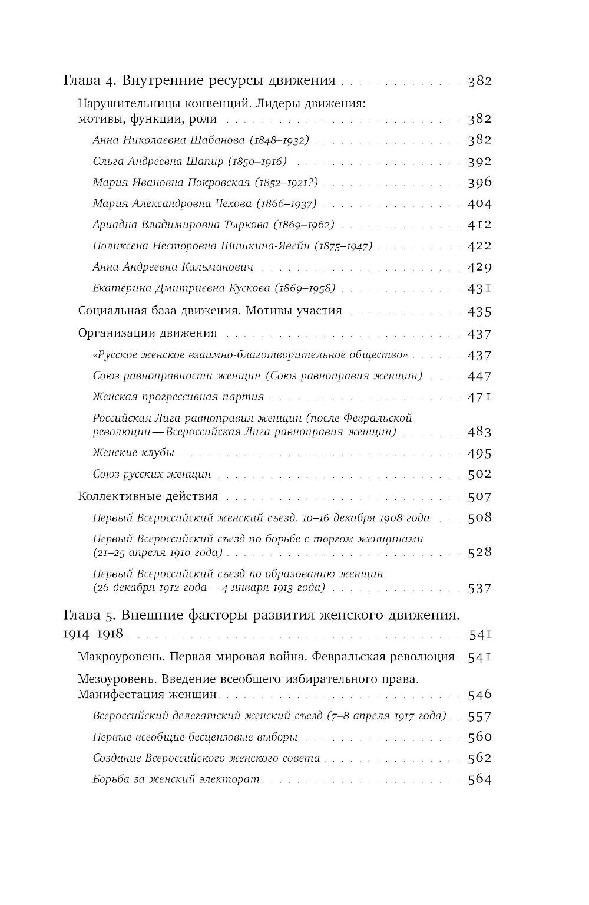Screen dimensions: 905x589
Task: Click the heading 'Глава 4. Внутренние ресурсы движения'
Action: (199, 81)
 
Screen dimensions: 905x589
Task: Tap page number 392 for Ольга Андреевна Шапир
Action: (479, 162)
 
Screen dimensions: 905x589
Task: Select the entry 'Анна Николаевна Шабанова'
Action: (171, 140)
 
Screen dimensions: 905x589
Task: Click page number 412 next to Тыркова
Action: (479, 225)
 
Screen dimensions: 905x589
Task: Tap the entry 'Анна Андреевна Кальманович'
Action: (173, 267)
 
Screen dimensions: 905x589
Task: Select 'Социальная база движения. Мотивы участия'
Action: (210, 311)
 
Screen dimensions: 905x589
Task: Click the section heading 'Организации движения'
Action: (147, 333)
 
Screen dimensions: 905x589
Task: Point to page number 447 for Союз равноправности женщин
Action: (479, 376)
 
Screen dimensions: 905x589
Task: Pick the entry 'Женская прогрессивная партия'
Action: (178, 397)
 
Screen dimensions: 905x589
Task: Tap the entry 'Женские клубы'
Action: (134, 453)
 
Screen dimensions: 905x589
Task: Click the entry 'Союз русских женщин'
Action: (152, 474)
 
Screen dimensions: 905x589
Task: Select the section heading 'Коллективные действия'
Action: (148, 496)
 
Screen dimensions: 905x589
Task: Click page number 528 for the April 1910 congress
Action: (479, 552)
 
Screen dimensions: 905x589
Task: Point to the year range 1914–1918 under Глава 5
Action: (92, 634)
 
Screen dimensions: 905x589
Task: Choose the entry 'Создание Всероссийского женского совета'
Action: (206, 758)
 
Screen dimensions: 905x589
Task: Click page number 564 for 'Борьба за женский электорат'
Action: (479, 779)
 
